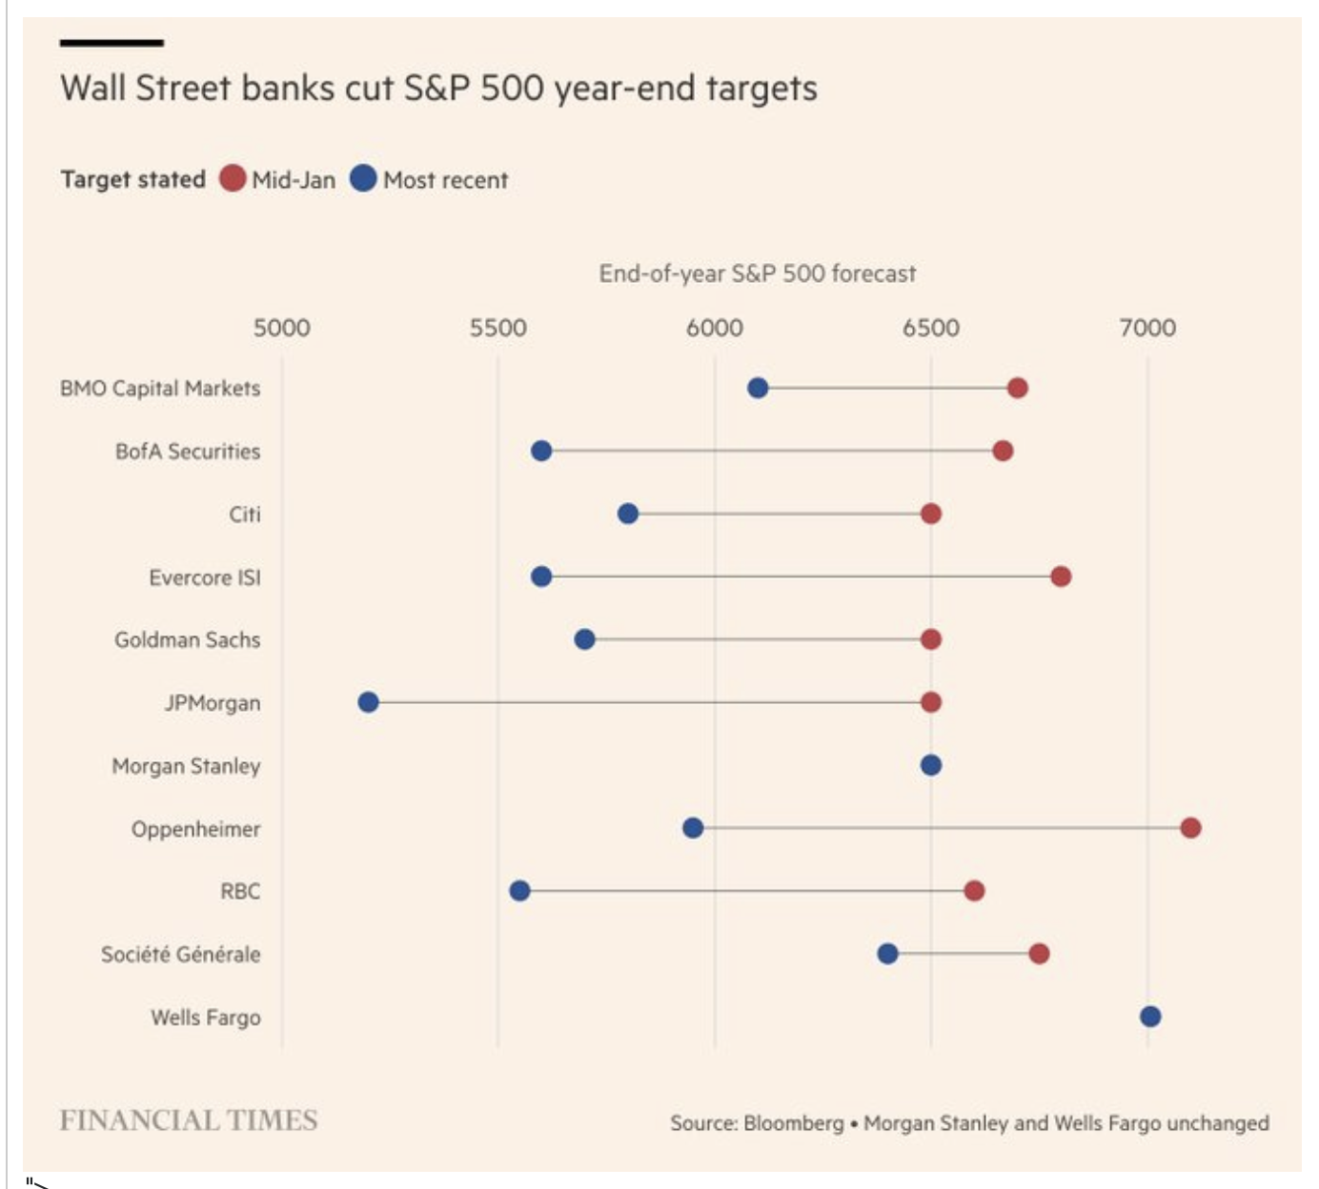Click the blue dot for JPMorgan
[x=368, y=702]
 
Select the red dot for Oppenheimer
[x=1190, y=828]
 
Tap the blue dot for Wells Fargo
[x=1150, y=1017]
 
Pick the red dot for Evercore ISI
[x=1061, y=576]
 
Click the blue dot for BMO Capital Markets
[x=758, y=388]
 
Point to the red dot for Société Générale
[x=1039, y=954]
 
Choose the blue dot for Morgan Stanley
[x=931, y=765]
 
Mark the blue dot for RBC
[x=519, y=891]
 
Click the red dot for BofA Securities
[x=1003, y=451]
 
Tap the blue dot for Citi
[x=628, y=514]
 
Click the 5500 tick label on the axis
[x=497, y=328]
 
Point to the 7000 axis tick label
[x=1147, y=328]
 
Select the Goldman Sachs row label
[x=187, y=640]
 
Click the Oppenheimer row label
[x=195, y=829]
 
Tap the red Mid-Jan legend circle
[x=233, y=178]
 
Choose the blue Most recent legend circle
[x=363, y=178]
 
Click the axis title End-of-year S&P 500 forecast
[x=757, y=274]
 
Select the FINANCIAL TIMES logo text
[x=189, y=1120]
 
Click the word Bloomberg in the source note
[x=793, y=1123]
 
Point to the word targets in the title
[x=761, y=89]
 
